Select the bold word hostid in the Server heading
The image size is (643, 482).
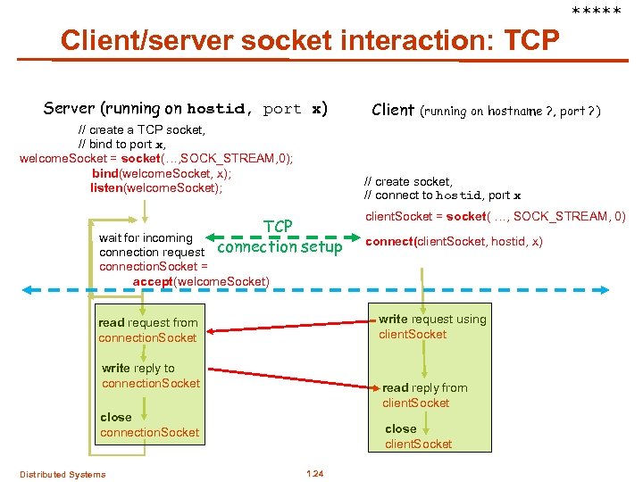[x=215, y=110]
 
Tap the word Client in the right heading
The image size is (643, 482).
[x=392, y=110]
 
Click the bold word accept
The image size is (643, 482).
[x=151, y=282]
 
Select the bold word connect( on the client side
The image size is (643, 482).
[x=389, y=242]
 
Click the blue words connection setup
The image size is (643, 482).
[x=279, y=247]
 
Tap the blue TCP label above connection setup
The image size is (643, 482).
[x=279, y=228]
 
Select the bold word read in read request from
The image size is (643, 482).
[x=111, y=322]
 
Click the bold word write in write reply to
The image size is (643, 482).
[x=115, y=368]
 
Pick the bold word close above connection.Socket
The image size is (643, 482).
[x=115, y=417]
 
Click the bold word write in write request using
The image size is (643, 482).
[x=393, y=319]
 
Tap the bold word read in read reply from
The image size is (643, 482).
[x=396, y=387]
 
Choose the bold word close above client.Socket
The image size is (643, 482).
[x=400, y=428]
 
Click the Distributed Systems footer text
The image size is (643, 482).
[x=63, y=474]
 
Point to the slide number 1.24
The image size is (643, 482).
[x=313, y=473]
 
